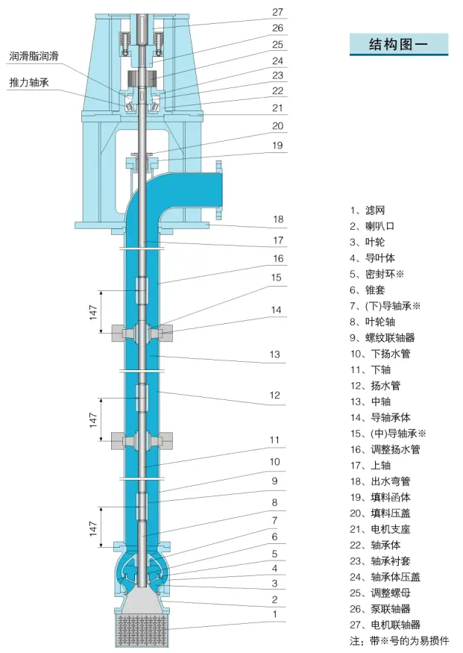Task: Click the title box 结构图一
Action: (x=399, y=44)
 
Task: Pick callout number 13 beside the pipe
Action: (x=275, y=355)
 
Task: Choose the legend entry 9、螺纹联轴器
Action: (x=382, y=337)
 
